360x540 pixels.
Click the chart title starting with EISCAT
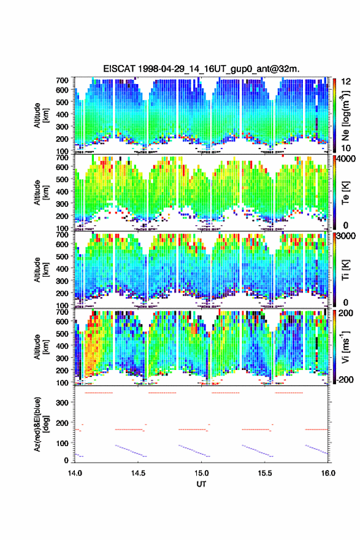201,69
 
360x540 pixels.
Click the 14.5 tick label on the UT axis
138,473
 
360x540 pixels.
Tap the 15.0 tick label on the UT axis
201,473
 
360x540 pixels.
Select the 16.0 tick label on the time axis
328,473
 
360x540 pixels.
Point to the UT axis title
201,484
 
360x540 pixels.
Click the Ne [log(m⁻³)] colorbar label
346,115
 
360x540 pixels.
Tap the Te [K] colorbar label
345,193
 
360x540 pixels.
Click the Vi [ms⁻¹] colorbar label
345,347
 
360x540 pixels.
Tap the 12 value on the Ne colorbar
347,82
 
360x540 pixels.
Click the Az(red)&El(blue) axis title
40,424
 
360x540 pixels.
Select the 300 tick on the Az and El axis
62,403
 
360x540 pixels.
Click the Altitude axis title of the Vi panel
40,347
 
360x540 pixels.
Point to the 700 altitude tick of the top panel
62,80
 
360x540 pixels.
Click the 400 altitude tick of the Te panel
62,191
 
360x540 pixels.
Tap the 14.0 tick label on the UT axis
75,473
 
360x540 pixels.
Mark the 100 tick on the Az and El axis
62,443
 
